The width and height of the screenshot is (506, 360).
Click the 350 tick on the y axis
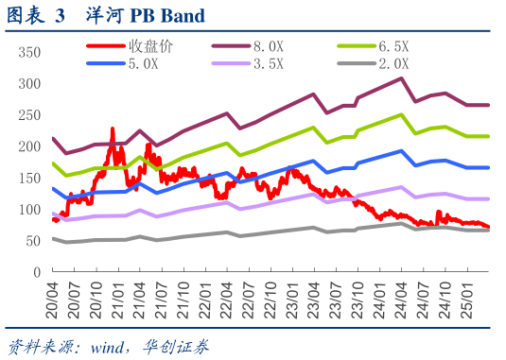pyautogui.click(x=30, y=51)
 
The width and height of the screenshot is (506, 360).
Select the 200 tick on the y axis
pyautogui.click(x=30, y=146)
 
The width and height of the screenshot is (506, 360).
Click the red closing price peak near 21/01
pyautogui.click(x=113, y=129)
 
